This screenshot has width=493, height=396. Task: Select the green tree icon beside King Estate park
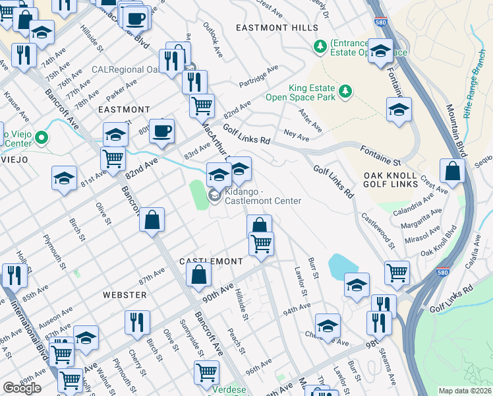(343, 90)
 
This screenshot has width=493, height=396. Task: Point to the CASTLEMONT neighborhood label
(212, 261)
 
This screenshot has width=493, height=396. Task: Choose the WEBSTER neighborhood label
(124, 294)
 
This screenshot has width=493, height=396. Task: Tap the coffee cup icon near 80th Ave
(161, 131)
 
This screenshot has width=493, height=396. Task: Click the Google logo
(22, 388)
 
